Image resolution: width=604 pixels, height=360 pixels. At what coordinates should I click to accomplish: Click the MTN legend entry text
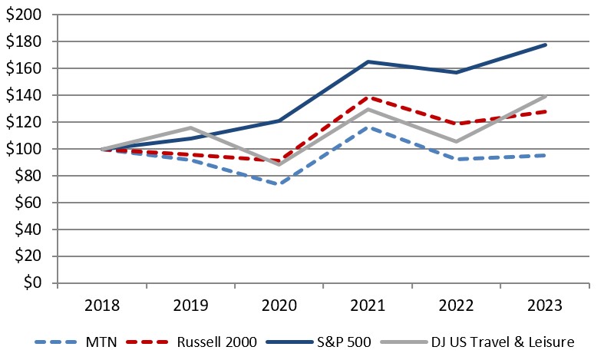[x=101, y=342]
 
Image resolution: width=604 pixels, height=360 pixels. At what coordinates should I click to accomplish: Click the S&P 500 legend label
[x=350, y=342]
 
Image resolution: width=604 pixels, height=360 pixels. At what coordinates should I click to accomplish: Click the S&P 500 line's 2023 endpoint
[x=546, y=45]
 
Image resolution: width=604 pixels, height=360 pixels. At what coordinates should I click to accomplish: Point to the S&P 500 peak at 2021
[x=368, y=61]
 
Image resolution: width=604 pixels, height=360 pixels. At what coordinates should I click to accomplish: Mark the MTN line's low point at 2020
[x=279, y=184]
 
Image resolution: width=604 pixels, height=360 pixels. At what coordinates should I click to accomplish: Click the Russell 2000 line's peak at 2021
[x=368, y=97]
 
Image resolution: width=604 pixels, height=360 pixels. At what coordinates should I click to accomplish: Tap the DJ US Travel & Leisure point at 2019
[x=191, y=127]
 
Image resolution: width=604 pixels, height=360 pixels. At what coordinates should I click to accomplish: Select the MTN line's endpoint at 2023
[x=546, y=155]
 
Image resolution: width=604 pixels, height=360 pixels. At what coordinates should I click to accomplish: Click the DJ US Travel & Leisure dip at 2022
[x=457, y=141]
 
